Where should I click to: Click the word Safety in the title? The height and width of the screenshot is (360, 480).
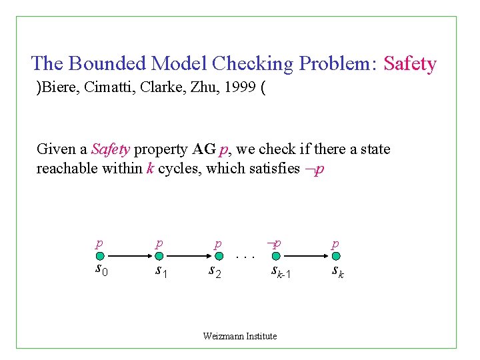point(411,64)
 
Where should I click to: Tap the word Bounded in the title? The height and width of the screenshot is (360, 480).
point(107,64)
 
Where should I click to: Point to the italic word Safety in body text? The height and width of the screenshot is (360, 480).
point(111,149)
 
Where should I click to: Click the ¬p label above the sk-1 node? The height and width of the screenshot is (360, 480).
point(274,244)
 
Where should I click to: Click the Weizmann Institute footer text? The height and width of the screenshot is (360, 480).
point(240,336)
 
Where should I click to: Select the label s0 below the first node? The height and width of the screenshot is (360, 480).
point(100,270)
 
